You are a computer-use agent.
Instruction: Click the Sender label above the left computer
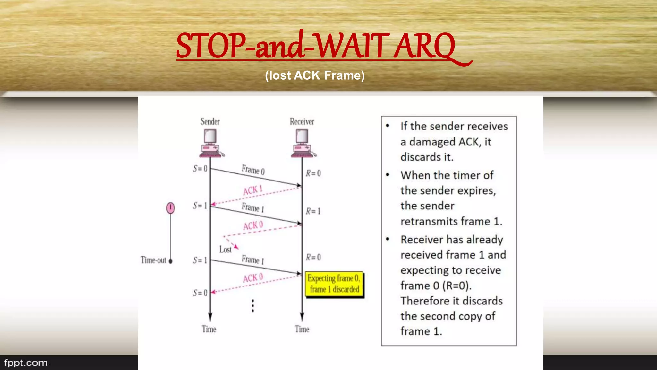(x=210, y=122)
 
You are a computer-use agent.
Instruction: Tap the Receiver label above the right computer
(x=302, y=122)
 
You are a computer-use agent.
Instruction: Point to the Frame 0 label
(x=253, y=170)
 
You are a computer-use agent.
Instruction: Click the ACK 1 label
(x=253, y=190)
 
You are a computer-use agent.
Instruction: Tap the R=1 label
(x=313, y=211)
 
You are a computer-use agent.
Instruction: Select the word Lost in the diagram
(x=225, y=250)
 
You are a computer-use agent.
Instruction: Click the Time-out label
(x=153, y=260)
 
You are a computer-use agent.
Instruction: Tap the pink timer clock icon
(x=170, y=208)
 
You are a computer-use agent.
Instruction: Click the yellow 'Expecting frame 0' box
(x=334, y=284)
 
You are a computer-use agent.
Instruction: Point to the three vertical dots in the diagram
(x=253, y=306)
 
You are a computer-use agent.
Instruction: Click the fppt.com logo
(x=26, y=363)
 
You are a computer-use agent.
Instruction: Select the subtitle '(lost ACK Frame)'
(x=315, y=75)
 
